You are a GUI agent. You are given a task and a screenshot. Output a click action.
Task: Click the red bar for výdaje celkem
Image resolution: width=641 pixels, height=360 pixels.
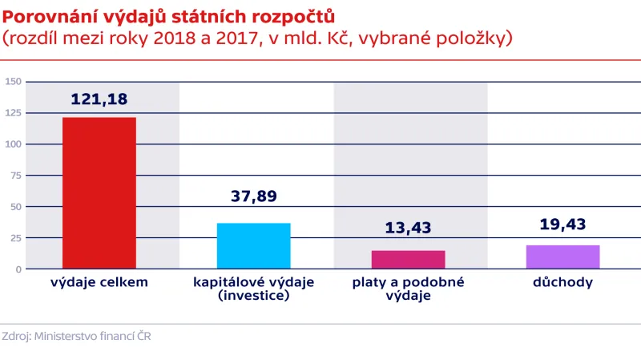pyautogui.click(x=99, y=192)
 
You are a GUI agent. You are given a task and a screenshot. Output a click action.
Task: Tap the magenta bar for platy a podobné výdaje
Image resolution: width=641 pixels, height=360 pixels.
pyautogui.click(x=409, y=260)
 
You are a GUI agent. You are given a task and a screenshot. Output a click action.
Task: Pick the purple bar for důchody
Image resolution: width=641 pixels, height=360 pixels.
pyautogui.click(x=562, y=257)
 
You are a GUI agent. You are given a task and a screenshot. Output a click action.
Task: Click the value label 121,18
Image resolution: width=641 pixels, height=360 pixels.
pyautogui.click(x=99, y=99)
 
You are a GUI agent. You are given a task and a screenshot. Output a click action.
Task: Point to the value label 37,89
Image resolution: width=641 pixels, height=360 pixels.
pyautogui.click(x=253, y=196)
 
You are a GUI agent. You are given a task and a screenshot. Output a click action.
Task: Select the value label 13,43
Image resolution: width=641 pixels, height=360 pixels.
pyautogui.click(x=408, y=228)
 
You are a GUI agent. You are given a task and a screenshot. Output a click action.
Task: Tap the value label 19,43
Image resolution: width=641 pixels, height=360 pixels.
pyautogui.click(x=562, y=224)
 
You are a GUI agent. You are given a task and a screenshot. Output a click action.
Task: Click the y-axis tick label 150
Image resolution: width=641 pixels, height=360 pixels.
pyautogui.click(x=13, y=82)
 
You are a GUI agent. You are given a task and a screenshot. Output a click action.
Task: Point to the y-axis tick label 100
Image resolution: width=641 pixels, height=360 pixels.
pyautogui.click(x=13, y=144)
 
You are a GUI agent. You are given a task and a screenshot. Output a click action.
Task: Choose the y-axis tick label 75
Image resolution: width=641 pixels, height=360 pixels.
pyautogui.click(x=15, y=176)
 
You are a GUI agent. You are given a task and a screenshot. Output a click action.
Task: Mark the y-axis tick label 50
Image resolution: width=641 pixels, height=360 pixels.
pyautogui.click(x=15, y=207)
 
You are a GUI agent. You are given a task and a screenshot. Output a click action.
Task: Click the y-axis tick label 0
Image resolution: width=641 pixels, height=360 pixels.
pyautogui.click(x=18, y=269)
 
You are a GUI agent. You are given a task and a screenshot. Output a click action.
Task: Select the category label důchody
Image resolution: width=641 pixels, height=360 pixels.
pyautogui.click(x=562, y=283)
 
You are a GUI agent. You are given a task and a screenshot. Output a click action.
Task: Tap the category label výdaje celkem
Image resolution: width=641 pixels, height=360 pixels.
pyautogui.click(x=99, y=283)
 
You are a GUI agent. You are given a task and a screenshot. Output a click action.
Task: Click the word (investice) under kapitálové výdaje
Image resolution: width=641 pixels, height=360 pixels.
pyautogui.click(x=253, y=296)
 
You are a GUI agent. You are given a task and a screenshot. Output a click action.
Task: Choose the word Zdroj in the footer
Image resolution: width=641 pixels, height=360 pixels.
pyautogui.click(x=15, y=337)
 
